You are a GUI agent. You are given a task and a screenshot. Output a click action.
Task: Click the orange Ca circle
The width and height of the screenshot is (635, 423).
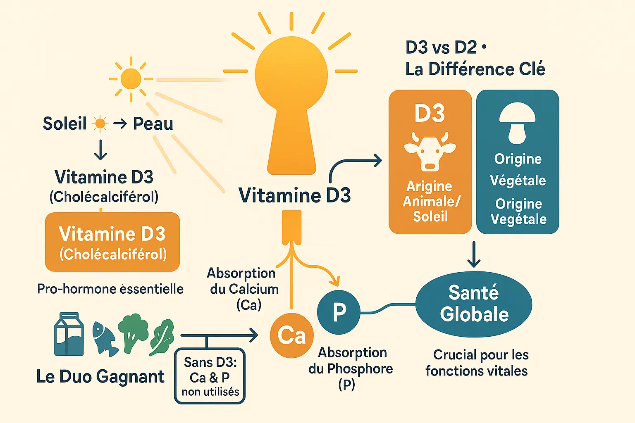click(x=291, y=335)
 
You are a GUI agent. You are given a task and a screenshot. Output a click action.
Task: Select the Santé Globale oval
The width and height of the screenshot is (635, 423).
click(x=474, y=304)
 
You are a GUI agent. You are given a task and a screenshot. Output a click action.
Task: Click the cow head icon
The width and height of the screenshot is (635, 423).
click(x=430, y=151)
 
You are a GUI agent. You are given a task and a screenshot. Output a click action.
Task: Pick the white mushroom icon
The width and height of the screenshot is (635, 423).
click(x=517, y=123)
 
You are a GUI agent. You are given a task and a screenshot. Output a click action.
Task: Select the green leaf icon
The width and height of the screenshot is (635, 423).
click(x=162, y=337)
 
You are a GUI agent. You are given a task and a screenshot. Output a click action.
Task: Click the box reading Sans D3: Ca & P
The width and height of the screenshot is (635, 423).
click(x=210, y=376)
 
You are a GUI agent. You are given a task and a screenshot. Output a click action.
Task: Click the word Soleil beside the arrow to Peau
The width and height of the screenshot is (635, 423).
click(x=65, y=124)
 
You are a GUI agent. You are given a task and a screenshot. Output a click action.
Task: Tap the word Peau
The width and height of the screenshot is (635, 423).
click(x=153, y=124)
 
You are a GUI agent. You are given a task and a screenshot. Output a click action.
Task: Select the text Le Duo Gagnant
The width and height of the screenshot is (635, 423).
click(x=100, y=377)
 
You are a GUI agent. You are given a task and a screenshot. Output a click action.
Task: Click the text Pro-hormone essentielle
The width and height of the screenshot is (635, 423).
click(x=110, y=289)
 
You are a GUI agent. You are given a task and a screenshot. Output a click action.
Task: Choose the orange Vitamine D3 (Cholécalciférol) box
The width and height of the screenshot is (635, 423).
click(x=112, y=242)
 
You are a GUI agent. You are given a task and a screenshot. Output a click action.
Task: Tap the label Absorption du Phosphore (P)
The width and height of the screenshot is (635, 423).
click(x=351, y=368)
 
